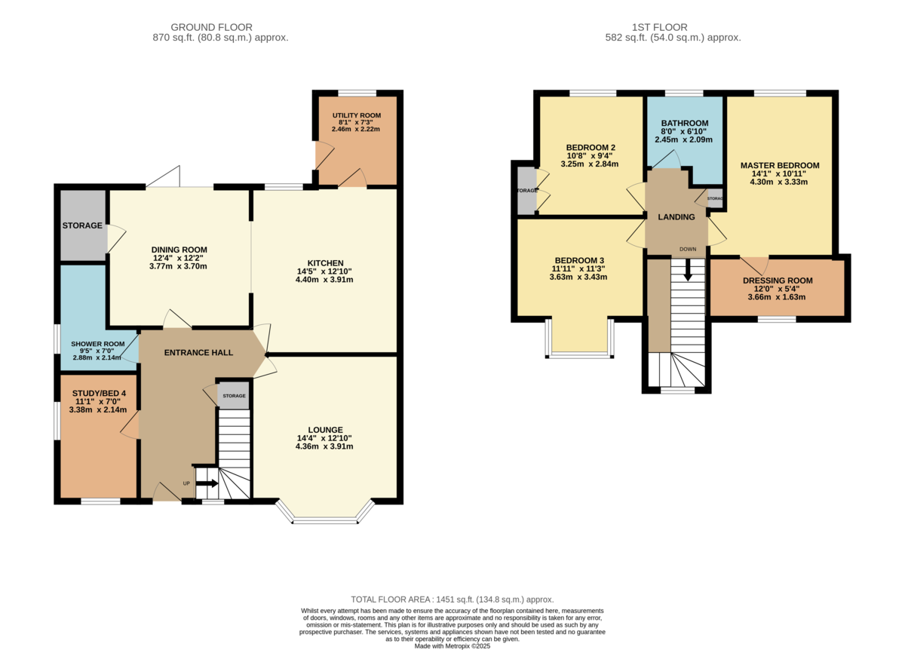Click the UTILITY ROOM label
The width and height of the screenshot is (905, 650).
(x=356, y=115)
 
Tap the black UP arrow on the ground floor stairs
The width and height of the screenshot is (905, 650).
(x=207, y=483)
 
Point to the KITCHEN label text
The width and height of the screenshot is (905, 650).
(x=325, y=263)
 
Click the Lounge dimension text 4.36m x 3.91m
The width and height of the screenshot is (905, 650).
(x=324, y=446)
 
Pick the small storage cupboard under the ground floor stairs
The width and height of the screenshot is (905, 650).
(x=234, y=395)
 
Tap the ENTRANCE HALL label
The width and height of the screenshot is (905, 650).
(x=198, y=353)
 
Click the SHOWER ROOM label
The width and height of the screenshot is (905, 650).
(x=98, y=344)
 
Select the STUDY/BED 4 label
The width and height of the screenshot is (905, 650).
(x=99, y=393)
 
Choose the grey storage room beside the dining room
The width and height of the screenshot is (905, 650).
(x=83, y=225)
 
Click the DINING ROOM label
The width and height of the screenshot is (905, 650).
(x=179, y=250)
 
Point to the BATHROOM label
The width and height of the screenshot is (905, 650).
(x=685, y=123)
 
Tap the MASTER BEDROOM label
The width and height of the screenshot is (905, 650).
(x=779, y=165)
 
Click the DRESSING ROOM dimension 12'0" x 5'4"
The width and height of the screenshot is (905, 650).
(x=777, y=289)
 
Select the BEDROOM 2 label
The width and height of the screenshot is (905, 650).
(x=591, y=148)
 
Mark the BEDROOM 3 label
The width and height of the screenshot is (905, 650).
(x=579, y=261)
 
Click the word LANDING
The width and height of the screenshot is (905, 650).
(x=676, y=217)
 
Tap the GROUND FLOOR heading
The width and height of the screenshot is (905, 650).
(x=211, y=27)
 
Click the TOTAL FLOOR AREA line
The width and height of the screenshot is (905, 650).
(x=452, y=599)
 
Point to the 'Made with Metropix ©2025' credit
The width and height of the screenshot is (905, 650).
(x=452, y=646)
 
